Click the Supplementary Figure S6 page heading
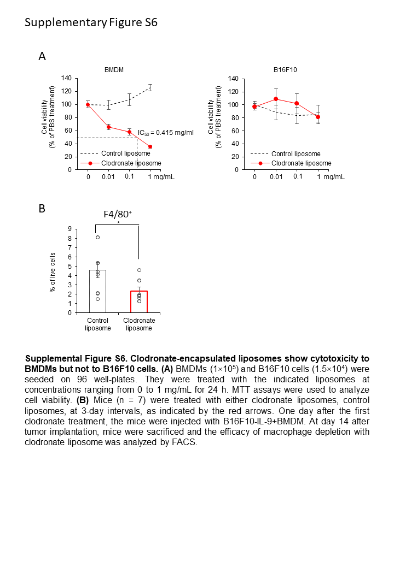(91, 22)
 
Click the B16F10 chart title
(285, 70)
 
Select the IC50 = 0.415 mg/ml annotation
(165, 132)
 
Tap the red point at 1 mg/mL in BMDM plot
(150, 146)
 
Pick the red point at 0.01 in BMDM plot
(108, 127)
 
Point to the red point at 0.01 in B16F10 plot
(276, 99)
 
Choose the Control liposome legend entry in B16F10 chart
(296, 154)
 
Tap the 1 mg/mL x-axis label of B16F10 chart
(331, 176)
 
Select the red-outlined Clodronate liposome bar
(139, 301)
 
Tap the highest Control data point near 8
(97, 237)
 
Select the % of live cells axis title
(53, 271)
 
